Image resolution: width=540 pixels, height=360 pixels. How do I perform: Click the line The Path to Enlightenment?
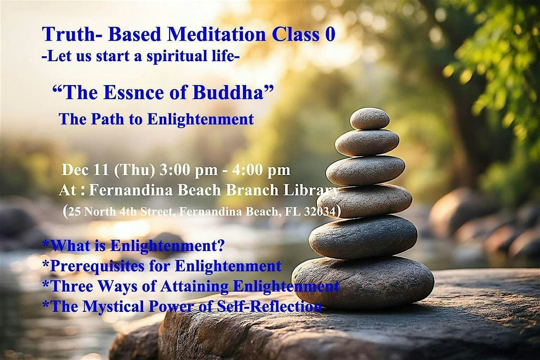[x=156, y=119]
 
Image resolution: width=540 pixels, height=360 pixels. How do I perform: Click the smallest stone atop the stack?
[x=369, y=118]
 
